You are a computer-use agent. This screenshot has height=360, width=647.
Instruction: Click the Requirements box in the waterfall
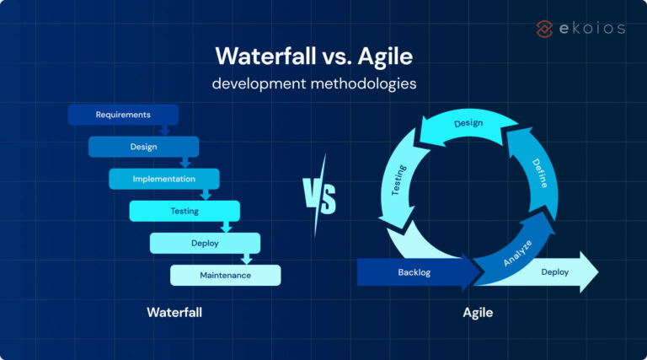123,115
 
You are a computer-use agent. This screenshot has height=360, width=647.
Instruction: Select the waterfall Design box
143,147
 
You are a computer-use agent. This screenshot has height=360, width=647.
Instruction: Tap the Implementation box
163,179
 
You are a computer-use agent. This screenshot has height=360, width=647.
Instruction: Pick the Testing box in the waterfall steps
184,211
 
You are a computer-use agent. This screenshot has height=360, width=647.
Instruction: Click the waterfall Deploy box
205,243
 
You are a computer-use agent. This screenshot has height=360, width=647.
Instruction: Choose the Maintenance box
225,276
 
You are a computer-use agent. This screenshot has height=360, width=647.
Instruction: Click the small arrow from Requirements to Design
165,129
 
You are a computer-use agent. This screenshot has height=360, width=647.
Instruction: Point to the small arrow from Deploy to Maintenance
246,258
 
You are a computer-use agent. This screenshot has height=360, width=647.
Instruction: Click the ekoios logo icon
545,29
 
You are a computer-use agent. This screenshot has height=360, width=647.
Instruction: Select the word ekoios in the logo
593,29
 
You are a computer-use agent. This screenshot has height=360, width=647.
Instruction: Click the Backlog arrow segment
414,272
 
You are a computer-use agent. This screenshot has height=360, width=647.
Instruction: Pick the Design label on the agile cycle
468,124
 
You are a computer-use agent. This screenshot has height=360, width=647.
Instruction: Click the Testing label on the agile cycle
399,180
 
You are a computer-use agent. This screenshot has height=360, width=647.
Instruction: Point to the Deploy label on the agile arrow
554,272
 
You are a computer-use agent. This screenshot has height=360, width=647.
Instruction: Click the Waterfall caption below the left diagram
174,313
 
